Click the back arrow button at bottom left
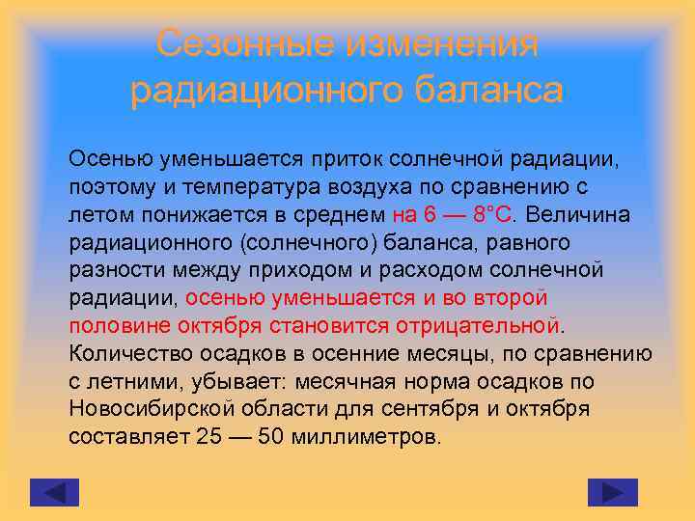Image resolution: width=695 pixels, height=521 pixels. click(54, 492)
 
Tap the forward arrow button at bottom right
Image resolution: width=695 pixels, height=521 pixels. click(612, 492)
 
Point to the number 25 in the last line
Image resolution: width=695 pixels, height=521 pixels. click(208, 436)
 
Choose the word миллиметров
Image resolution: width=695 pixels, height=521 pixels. click(370, 436)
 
